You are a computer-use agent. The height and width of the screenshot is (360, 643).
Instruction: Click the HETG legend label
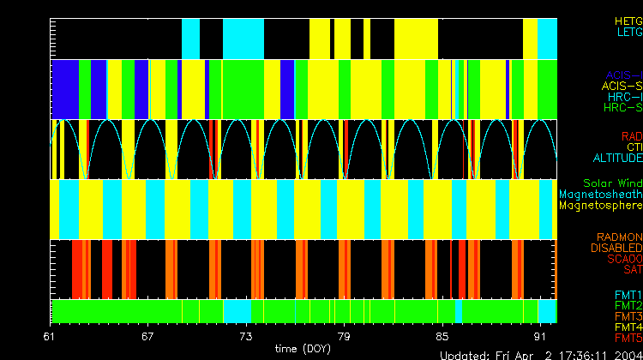click(x=628, y=21)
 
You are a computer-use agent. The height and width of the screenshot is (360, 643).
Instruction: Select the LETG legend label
click(x=628, y=33)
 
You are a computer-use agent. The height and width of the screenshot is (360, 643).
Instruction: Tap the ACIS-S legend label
click(x=622, y=86)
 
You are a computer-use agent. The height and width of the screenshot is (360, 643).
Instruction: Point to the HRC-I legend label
click(x=624, y=97)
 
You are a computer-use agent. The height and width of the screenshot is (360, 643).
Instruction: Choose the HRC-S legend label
click(x=622, y=108)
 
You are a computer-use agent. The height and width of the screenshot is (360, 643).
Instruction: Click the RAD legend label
click(x=631, y=136)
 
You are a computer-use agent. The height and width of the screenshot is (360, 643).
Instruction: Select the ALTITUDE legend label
click(x=617, y=159)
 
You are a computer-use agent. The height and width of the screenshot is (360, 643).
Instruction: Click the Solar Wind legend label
click(x=612, y=183)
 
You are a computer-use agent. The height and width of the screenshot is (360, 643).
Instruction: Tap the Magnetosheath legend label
click(x=601, y=195)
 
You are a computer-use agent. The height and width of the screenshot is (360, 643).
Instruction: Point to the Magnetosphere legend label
click(x=601, y=206)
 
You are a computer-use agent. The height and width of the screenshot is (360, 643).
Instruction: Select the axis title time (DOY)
click(x=303, y=350)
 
